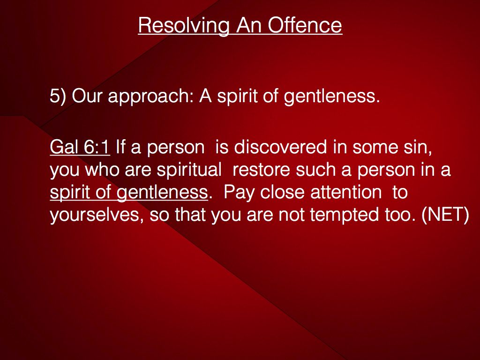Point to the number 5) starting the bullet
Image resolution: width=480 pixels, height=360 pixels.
point(58,96)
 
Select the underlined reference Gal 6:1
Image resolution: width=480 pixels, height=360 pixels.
point(80,147)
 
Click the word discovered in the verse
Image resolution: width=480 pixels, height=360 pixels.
point(280,147)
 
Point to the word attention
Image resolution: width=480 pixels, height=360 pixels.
point(346,193)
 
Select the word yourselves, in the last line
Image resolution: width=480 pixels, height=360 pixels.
point(97,215)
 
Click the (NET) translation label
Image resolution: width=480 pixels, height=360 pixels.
point(445,215)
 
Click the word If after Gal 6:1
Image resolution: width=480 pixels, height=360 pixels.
point(120,147)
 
